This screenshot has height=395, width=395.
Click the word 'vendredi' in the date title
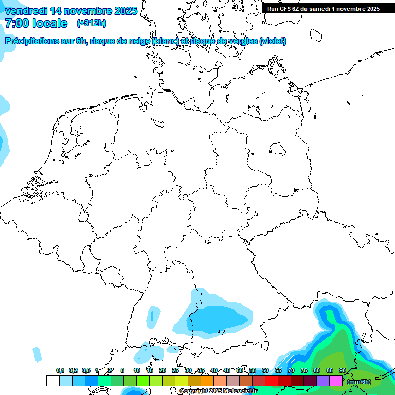click(26, 11)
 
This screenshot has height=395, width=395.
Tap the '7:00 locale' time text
click(36, 23)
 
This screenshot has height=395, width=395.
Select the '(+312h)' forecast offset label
click(92, 23)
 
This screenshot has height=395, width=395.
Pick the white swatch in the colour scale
click(52, 381)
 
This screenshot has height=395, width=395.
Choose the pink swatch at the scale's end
click(335, 381)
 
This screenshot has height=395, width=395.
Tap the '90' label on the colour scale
click(342, 371)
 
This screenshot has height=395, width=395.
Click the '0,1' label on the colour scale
click(60, 371)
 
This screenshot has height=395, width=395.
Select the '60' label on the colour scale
click(265, 371)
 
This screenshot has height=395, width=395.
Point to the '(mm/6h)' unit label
click(358, 382)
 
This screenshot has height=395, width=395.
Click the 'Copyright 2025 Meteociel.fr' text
click(219, 391)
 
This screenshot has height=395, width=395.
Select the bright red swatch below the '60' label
click(271, 381)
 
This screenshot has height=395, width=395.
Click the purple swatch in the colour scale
click(322, 381)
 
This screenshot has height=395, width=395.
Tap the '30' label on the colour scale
click(188, 371)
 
